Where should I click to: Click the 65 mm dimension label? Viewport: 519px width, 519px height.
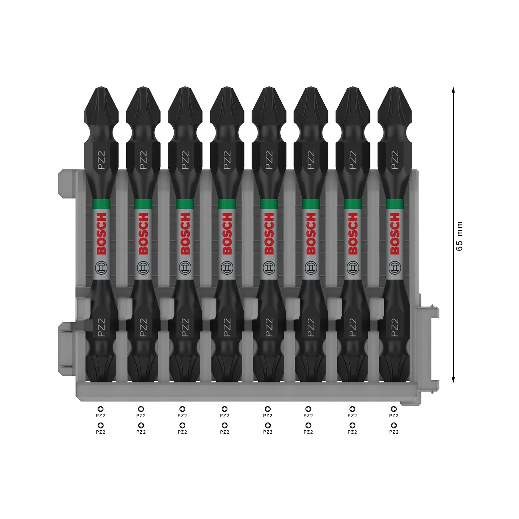click(459, 236)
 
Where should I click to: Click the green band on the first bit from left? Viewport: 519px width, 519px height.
click(101, 204)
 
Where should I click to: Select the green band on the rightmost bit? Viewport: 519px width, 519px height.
click(395, 204)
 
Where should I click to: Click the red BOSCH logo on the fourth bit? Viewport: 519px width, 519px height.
click(227, 234)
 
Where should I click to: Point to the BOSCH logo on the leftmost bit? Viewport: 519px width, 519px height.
click(101, 234)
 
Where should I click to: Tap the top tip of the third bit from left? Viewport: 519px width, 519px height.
click(185, 89)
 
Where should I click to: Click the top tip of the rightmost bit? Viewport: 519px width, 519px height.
click(395, 89)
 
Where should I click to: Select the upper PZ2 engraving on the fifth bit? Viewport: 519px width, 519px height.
click(269, 160)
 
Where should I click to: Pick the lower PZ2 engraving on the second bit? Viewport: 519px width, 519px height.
click(143, 327)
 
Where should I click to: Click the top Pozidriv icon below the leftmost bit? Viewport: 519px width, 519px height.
click(101, 409)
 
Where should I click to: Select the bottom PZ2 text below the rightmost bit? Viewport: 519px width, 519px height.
click(394, 432)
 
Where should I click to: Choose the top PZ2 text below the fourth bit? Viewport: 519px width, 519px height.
click(225, 416)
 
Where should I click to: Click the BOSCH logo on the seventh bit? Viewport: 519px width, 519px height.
click(353, 234)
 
